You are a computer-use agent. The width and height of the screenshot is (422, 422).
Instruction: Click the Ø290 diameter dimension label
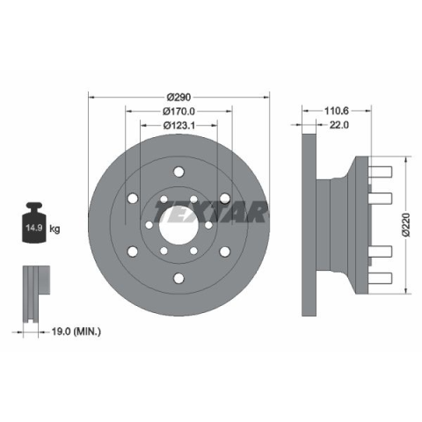[x=178, y=97]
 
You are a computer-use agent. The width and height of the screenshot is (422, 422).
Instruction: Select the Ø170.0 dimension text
[x=178, y=111]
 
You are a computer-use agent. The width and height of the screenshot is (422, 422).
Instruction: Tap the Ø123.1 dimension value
[x=178, y=126]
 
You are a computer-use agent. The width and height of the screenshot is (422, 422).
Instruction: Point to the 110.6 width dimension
[x=337, y=111]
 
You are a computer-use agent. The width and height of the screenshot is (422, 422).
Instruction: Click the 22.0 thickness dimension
[x=339, y=125]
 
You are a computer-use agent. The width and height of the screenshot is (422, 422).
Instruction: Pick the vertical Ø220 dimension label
[x=406, y=225]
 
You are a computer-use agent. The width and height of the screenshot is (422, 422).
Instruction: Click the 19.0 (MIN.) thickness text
[x=76, y=331]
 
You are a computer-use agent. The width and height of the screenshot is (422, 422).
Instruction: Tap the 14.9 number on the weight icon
[x=34, y=228]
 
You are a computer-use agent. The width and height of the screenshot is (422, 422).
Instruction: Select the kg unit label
[x=55, y=229]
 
